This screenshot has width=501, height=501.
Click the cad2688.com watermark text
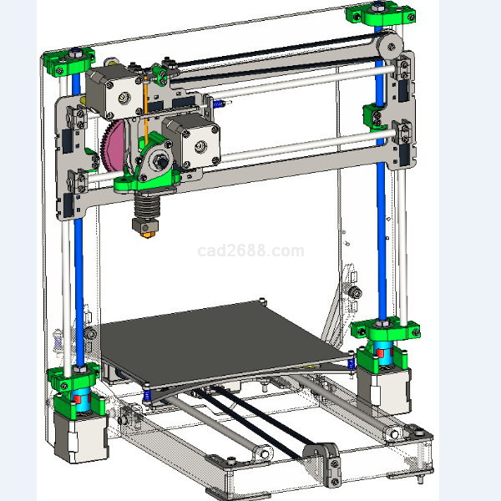pyautogui.click(x=250, y=250)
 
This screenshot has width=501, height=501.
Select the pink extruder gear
pyautogui.click(x=113, y=146)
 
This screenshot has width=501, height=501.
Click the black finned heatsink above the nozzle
pyautogui.click(x=146, y=206)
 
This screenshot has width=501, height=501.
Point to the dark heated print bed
pyautogui.click(x=220, y=343)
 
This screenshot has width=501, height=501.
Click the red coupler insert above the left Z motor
pyautogui.click(x=78, y=398)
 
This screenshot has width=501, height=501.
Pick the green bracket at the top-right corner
pyautogui.click(x=381, y=13)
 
